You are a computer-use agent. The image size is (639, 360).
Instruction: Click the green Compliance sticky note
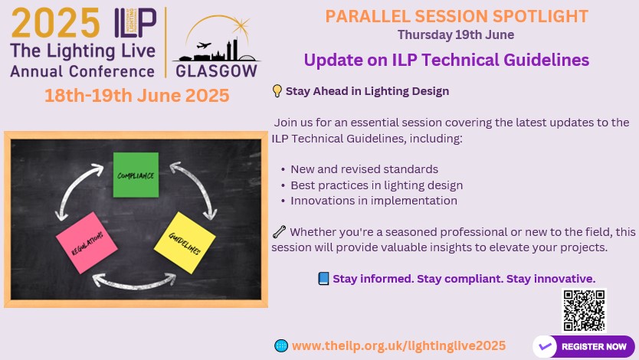point(136,175)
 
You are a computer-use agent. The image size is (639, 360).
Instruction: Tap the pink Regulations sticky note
point(87,243)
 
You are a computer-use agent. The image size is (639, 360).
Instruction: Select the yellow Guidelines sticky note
point(185,243)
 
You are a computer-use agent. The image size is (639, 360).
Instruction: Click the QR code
point(584,310)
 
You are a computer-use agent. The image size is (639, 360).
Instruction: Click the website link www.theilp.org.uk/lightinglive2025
point(398,345)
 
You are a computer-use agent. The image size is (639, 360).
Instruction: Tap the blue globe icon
point(281,345)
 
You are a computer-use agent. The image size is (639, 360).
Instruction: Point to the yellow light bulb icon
point(277,91)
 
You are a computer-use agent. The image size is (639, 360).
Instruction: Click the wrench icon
point(279,232)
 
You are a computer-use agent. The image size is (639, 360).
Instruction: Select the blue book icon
point(323,279)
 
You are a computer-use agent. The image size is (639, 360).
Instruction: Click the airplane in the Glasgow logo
point(204,45)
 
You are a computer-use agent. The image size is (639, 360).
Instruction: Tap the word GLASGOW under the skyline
point(216,71)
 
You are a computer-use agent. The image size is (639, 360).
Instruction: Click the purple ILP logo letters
point(136,22)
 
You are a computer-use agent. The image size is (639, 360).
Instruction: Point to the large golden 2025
point(56,23)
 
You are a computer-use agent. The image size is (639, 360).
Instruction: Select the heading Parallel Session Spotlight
point(457,16)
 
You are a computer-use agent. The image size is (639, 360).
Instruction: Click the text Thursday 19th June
point(456,34)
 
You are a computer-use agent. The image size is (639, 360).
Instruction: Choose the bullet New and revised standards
point(359,169)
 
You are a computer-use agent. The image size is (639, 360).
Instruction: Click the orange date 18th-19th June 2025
point(137,95)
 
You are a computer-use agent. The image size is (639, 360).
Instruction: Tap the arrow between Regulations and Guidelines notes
point(135,283)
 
